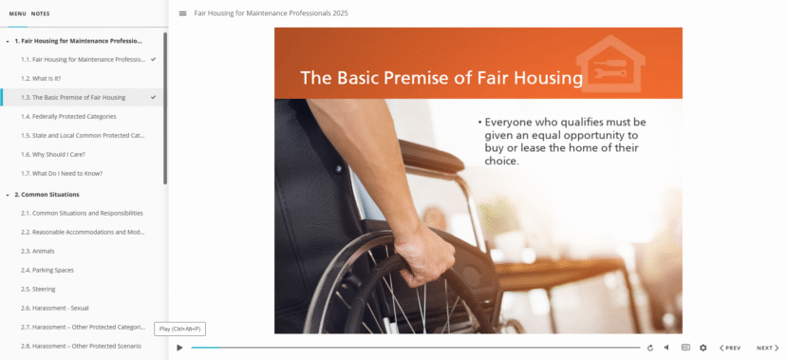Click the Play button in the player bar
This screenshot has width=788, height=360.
179,348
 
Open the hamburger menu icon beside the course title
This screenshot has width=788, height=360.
182,14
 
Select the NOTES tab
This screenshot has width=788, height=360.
40,14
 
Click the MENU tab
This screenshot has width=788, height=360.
17,14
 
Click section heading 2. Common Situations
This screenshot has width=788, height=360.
47,194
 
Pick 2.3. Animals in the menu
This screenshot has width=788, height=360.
44,251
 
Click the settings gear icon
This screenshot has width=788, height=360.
703,348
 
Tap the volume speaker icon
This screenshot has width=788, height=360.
666,348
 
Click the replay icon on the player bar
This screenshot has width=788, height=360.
649,348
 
